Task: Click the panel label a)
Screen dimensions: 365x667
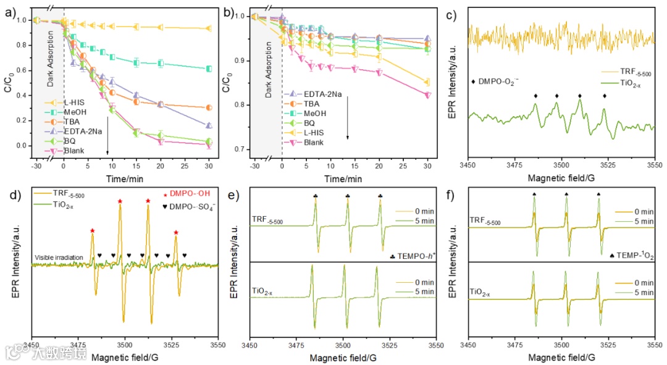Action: (x=10, y=11)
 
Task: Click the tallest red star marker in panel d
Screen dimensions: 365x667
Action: (x=120, y=201)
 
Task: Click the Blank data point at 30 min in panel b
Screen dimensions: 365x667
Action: (x=428, y=94)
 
